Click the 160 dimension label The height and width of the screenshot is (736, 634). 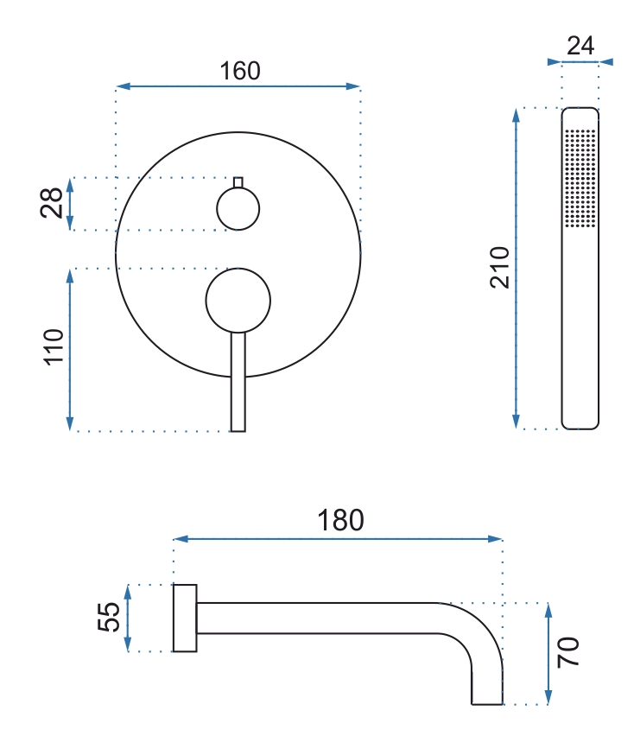click(240, 71)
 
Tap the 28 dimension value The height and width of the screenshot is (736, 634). click(52, 203)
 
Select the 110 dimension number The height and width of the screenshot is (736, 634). click(54, 347)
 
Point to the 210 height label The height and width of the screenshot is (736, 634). click(499, 267)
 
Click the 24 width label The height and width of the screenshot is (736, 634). click(580, 46)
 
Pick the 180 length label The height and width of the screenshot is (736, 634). click(340, 520)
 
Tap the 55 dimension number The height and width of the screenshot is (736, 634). click(109, 617)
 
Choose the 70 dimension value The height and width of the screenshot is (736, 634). click(567, 652)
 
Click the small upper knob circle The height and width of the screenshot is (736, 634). click(238, 209)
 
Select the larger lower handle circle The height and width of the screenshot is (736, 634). click(238, 301)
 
